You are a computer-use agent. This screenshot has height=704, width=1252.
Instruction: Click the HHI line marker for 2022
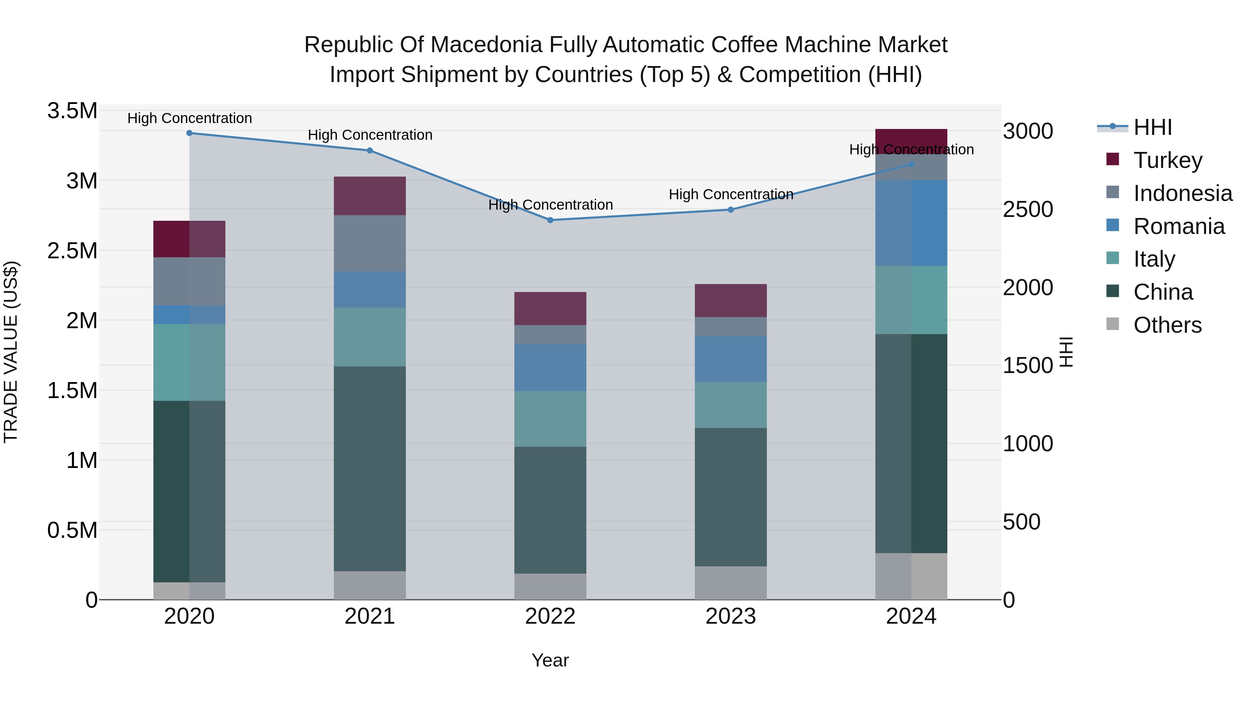(550, 220)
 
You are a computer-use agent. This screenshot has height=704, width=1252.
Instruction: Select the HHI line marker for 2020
(190, 133)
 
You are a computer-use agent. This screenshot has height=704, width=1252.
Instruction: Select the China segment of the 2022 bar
(550, 510)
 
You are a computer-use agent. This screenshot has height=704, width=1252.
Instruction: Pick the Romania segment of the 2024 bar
(911, 223)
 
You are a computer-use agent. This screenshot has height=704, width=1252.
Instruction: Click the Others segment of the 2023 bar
(730, 583)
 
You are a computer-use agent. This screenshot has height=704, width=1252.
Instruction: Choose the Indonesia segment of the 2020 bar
(190, 281)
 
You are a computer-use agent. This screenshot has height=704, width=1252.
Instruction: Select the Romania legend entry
(1179, 226)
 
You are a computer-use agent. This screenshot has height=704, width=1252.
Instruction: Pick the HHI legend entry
(1152, 127)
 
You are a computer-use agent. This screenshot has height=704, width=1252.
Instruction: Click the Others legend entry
(1167, 325)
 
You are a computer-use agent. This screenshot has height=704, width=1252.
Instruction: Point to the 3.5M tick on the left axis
(72, 111)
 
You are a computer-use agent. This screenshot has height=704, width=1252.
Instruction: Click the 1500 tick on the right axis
(1027, 365)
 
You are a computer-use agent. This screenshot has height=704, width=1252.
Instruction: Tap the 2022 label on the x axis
(550, 616)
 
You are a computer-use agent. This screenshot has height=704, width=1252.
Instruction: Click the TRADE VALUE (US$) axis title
(11, 352)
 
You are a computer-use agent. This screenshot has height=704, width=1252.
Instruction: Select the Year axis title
(550, 660)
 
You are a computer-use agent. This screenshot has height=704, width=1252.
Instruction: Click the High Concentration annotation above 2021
(370, 135)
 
